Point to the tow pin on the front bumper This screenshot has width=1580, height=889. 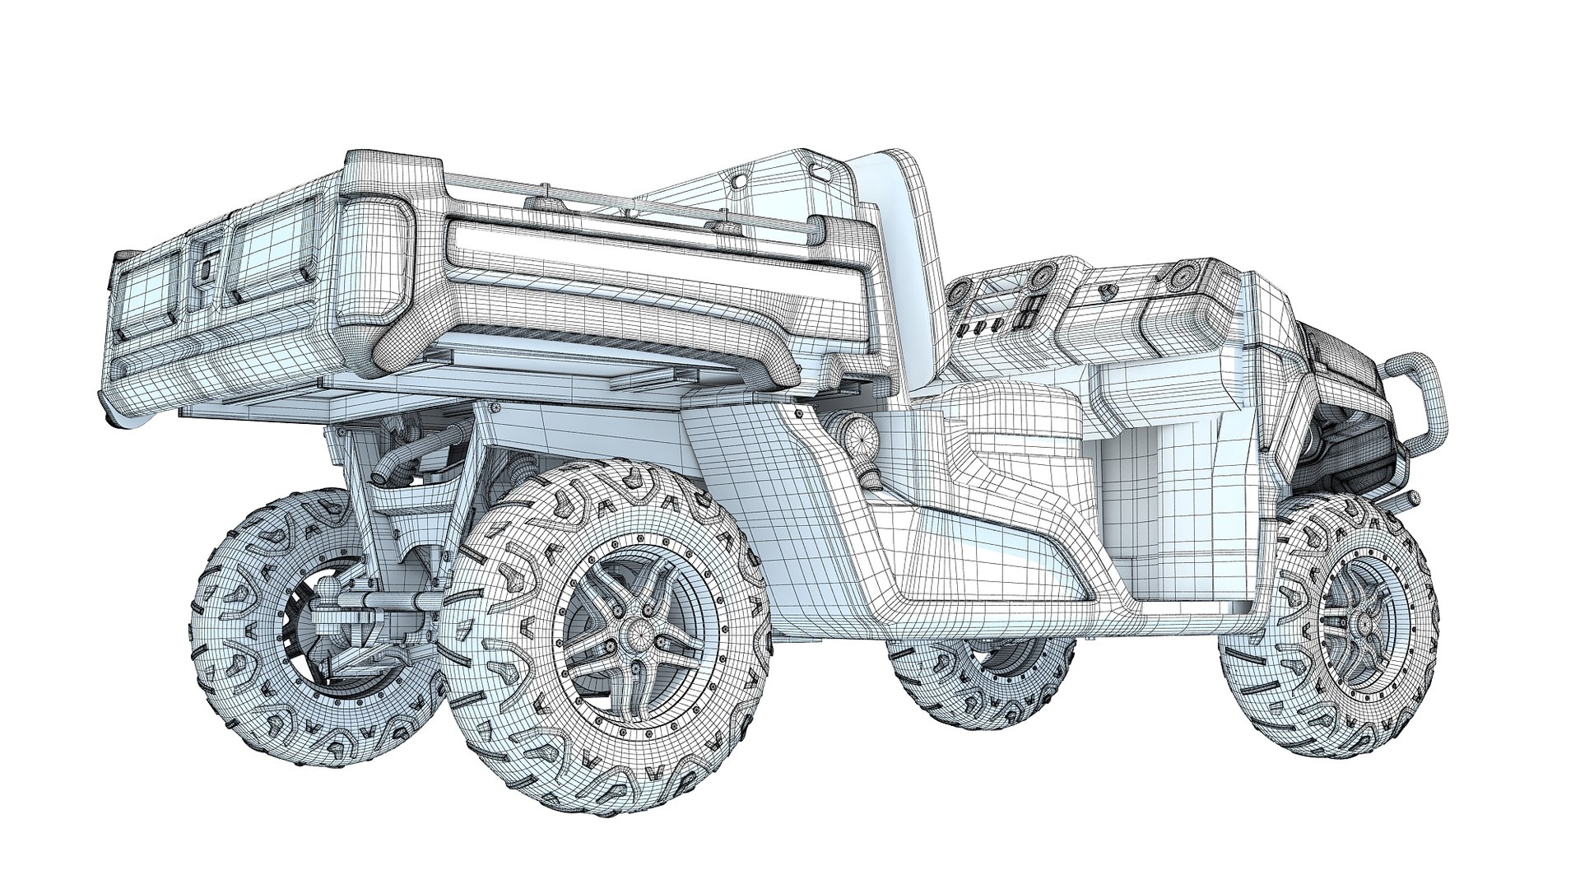[x=1404, y=499]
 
